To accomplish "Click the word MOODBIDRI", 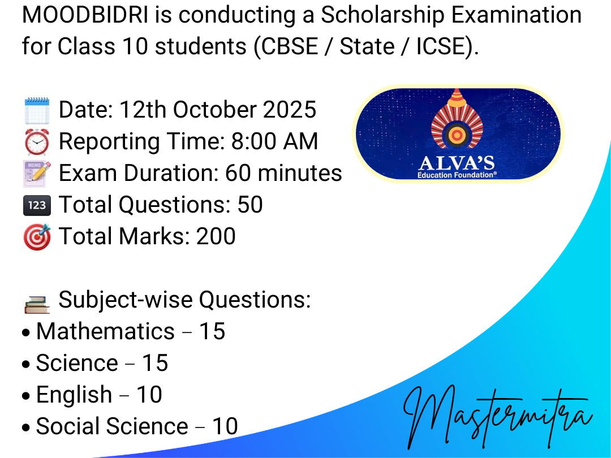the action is point(85,15).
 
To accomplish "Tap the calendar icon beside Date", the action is point(37,111).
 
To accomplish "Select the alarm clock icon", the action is point(37,142).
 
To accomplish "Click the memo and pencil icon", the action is point(37,174).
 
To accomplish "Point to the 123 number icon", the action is point(37,205).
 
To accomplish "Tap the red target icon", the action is point(37,237).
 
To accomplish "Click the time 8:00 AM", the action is point(275,141).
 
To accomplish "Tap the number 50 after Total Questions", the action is point(250,205).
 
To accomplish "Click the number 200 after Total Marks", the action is point(216,236).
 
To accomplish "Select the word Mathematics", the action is point(105,331).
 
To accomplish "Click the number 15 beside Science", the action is point(154,363).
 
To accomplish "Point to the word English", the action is point(74,395).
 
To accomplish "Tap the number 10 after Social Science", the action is point(225,426).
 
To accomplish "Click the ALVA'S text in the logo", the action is point(457,163).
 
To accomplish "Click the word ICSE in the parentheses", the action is point(441,46).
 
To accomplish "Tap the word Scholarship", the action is point(382,15).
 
